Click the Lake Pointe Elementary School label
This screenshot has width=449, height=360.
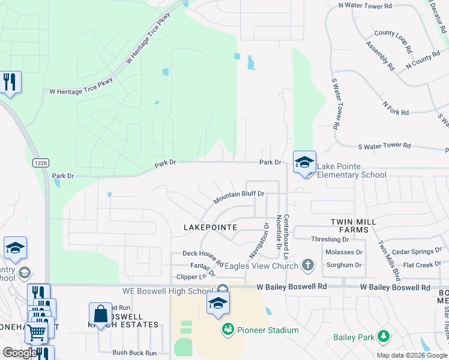pyautogui.click(x=351, y=170)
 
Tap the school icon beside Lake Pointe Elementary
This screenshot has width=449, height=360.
pyautogui.click(x=304, y=162)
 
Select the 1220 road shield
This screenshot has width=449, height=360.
pyautogui.click(x=40, y=163)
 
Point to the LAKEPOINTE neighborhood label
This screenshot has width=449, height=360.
pyautogui.click(x=210, y=227)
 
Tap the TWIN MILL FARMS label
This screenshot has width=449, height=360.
pyautogui.click(x=354, y=226)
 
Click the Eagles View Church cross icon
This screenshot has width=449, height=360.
pyautogui.click(x=307, y=265)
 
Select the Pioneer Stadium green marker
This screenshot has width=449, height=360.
pyautogui.click(x=228, y=329)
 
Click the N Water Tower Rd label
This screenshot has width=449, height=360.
pyautogui.click(x=365, y=5)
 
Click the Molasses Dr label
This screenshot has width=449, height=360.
pyautogui.click(x=343, y=253)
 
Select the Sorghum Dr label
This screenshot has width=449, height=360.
pyautogui.click(x=343, y=265)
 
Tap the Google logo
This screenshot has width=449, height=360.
pyautogui.click(x=20, y=353)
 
